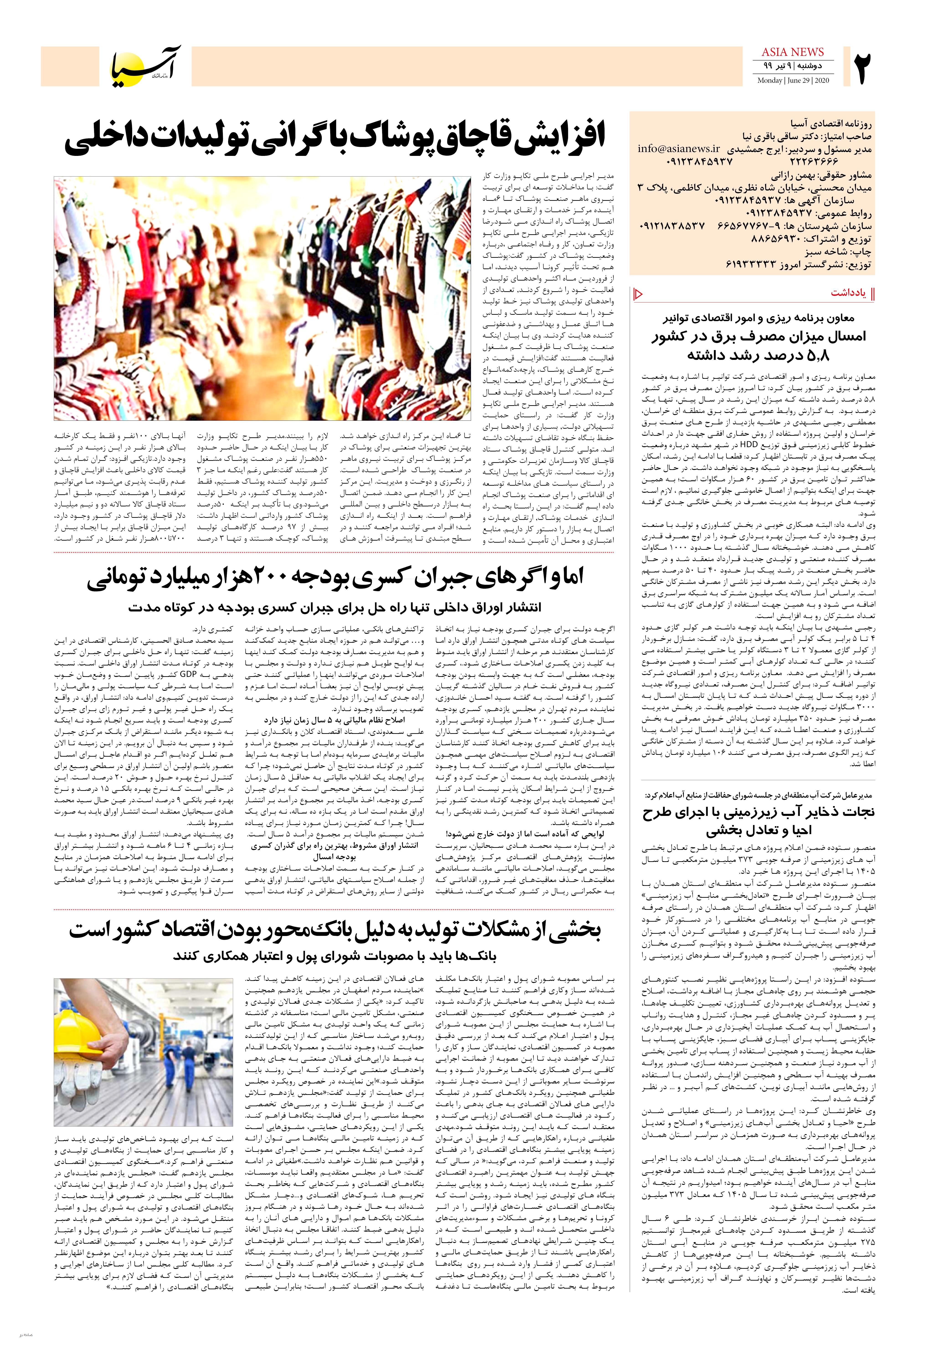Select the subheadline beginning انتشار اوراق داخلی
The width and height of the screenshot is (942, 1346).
tap(334, 607)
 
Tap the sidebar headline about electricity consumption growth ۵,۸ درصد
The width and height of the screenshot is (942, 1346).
tap(758, 346)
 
